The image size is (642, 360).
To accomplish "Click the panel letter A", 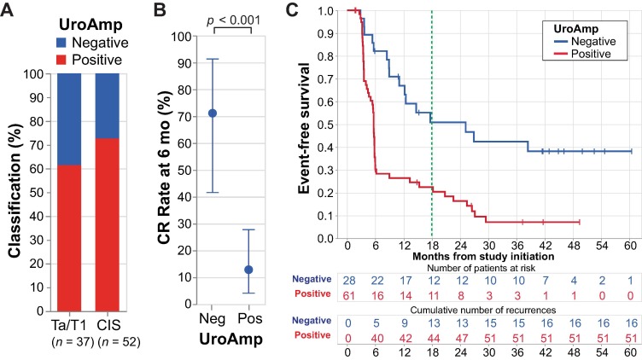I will (9, 9).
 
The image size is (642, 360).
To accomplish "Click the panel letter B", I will (160, 9).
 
